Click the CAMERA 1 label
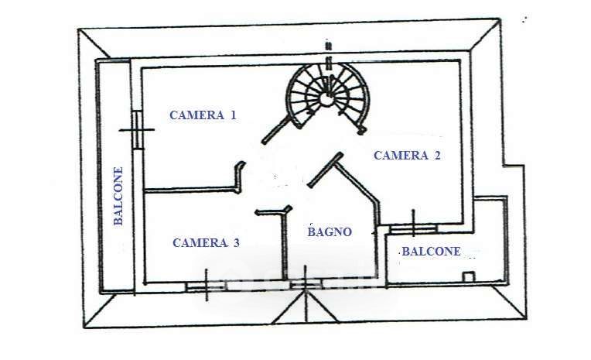pyautogui.click(x=203, y=115)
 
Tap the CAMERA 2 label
pyautogui.click(x=407, y=155)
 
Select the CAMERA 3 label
pyautogui.click(x=206, y=242)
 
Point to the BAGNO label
pyautogui.click(x=330, y=231)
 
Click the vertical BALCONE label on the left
pyautogui.click(x=118, y=196)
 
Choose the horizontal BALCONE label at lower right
pyautogui.click(x=431, y=252)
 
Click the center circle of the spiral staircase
pyautogui.click(x=326, y=98)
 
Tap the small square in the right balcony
pyautogui.click(x=469, y=277)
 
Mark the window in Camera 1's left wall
pyautogui.click(x=138, y=130)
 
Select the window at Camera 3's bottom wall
pyautogui.click(x=207, y=286)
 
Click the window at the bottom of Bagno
pyautogui.click(x=306, y=284)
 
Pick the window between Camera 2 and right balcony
pyautogui.click(x=413, y=228)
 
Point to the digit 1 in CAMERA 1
pyautogui.click(x=233, y=115)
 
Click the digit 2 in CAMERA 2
pyautogui.click(x=437, y=155)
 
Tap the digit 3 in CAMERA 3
pyautogui.click(x=237, y=242)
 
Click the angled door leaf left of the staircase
pyautogui.click(x=277, y=130)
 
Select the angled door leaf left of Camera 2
pyautogui.click(x=325, y=170)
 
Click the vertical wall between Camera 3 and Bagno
pyautogui.click(x=285, y=245)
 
